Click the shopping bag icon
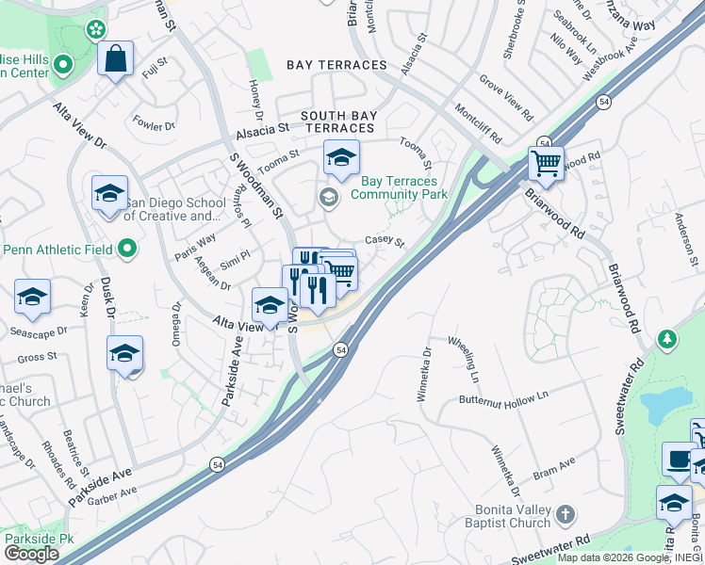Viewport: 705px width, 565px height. tap(115, 59)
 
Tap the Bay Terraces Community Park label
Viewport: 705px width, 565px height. tap(398, 187)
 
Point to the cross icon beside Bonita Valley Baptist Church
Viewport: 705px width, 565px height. tap(565, 514)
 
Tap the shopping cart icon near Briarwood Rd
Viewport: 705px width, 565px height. tap(546, 163)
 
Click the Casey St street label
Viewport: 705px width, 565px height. tap(385, 241)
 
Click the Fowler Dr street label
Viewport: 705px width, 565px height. tap(155, 124)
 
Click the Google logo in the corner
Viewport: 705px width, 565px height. tap(31, 554)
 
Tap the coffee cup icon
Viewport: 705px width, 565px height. tap(677, 459)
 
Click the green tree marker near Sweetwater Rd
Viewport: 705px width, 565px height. tap(667, 337)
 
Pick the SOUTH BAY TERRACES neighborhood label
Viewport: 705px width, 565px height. tap(339, 121)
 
